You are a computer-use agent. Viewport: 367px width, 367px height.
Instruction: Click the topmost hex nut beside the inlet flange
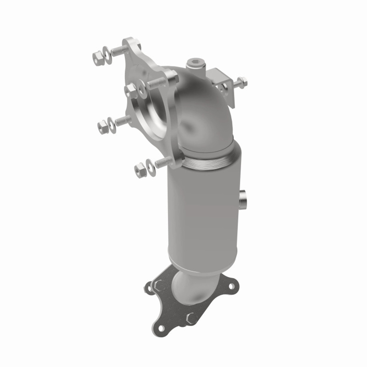97,55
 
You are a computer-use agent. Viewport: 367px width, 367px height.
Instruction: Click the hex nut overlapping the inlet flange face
130,89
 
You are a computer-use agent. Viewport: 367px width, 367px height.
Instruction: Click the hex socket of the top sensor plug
192,63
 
